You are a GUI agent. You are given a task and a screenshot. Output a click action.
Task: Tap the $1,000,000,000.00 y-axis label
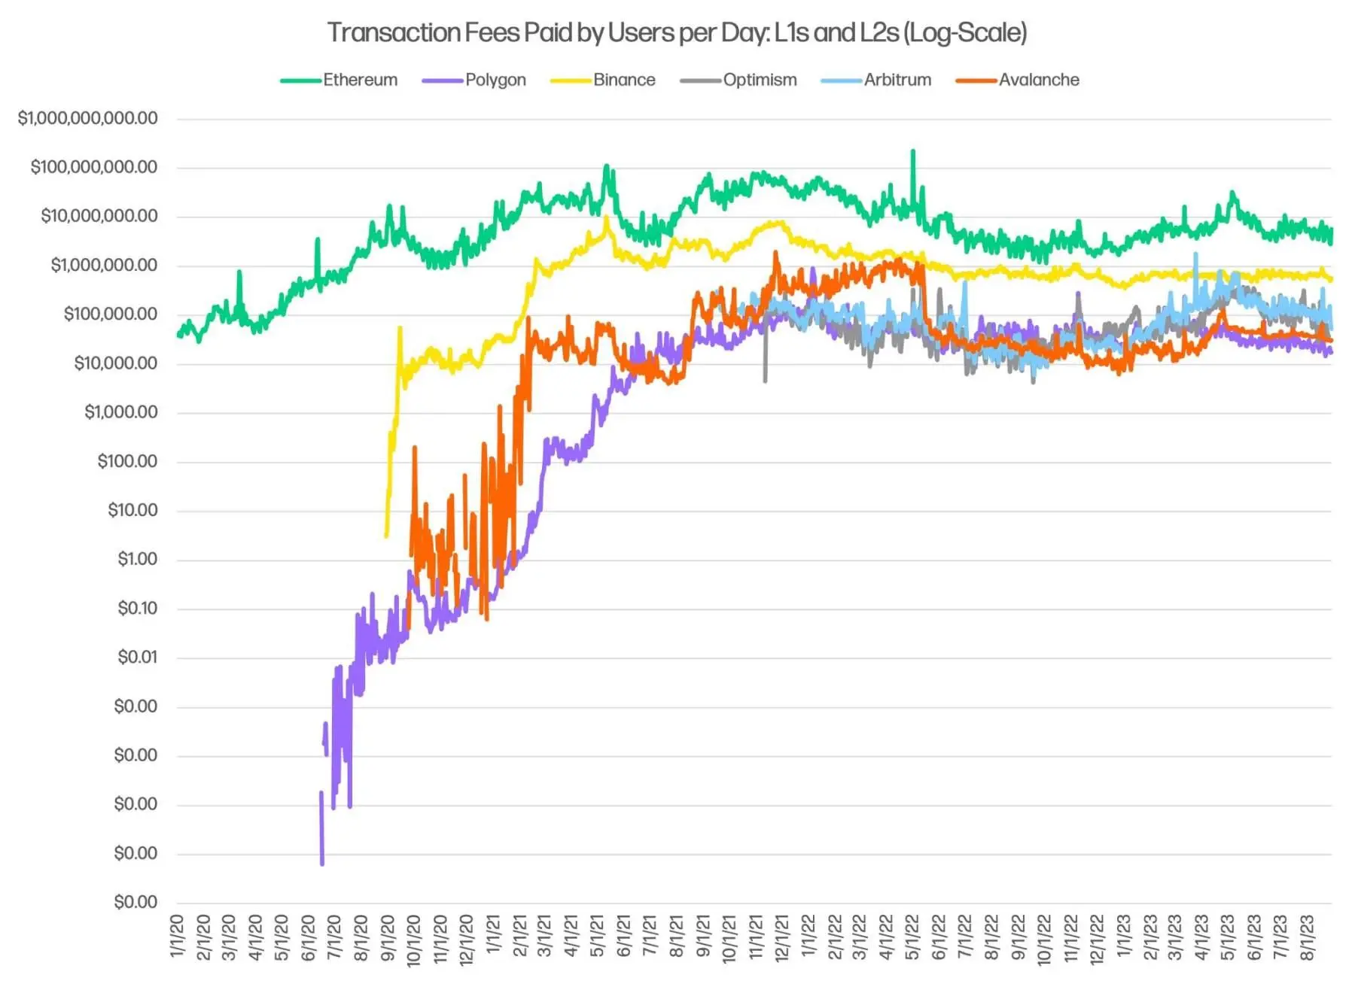click(88, 118)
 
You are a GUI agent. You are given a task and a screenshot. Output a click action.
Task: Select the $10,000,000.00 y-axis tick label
click(99, 216)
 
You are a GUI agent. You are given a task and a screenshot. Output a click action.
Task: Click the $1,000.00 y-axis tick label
click(121, 412)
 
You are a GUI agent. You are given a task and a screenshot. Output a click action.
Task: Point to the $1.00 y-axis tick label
click(137, 559)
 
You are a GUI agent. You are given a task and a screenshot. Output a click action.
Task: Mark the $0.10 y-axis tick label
click(137, 608)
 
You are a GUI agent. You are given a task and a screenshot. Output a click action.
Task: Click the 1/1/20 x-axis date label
click(177, 936)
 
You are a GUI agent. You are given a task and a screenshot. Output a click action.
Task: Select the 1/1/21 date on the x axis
click(493, 936)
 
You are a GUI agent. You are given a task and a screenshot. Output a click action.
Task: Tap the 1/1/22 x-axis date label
click(808, 936)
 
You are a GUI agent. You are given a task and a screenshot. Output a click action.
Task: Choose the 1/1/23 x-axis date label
click(1123, 936)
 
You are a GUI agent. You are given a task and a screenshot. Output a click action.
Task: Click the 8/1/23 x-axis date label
click(1308, 937)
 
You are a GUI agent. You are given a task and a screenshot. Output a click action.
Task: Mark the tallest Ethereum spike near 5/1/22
click(913, 152)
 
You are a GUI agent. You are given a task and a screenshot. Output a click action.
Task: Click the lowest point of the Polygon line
click(322, 864)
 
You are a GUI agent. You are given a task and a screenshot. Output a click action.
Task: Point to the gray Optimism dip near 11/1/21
click(766, 380)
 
